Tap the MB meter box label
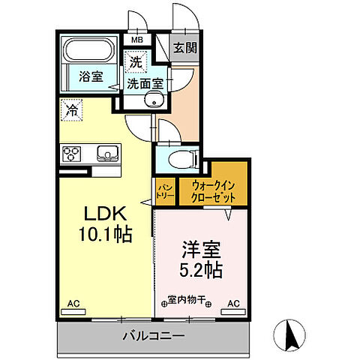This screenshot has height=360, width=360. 138,40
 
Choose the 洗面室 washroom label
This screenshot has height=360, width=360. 144,84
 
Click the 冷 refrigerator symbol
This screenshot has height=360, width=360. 68,109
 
